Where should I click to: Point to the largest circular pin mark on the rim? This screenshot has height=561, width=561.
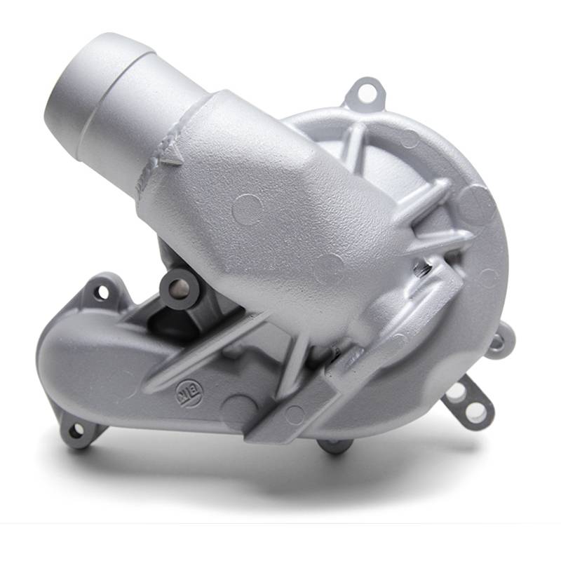coord(477,204)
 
